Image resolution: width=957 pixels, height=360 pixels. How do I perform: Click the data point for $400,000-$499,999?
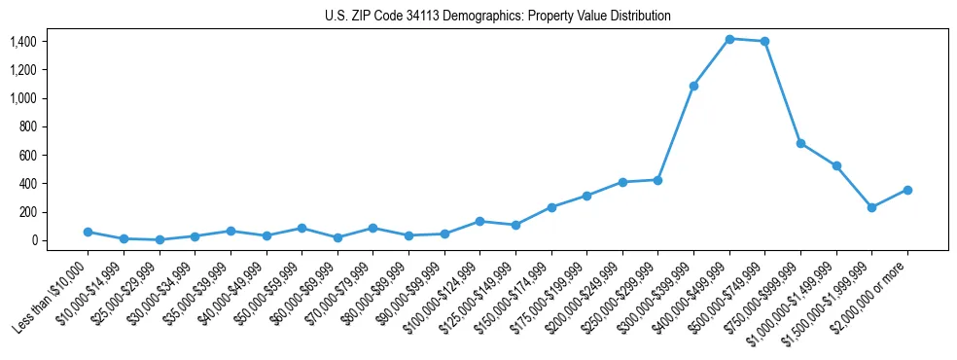click(x=729, y=39)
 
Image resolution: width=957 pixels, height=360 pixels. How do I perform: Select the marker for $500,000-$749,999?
click(x=764, y=42)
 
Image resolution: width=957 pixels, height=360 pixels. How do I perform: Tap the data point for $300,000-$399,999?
click(x=693, y=87)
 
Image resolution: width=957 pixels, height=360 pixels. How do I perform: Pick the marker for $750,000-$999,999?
click(x=800, y=143)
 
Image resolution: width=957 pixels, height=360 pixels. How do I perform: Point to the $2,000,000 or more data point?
click(x=907, y=190)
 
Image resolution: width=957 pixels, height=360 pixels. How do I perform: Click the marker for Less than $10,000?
click(x=88, y=232)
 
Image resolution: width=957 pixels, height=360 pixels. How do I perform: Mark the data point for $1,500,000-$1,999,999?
click(x=871, y=207)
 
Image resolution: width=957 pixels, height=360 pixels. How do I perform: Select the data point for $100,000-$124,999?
click(x=479, y=221)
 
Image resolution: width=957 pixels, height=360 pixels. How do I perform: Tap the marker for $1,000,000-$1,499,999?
click(x=836, y=165)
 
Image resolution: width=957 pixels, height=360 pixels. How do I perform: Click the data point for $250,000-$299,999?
click(x=657, y=180)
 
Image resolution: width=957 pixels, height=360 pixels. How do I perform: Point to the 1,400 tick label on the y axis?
click(x=22, y=42)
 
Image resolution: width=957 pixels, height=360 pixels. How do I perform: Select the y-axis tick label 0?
click(x=33, y=240)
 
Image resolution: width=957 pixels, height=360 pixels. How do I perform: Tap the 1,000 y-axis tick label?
click(x=22, y=98)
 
